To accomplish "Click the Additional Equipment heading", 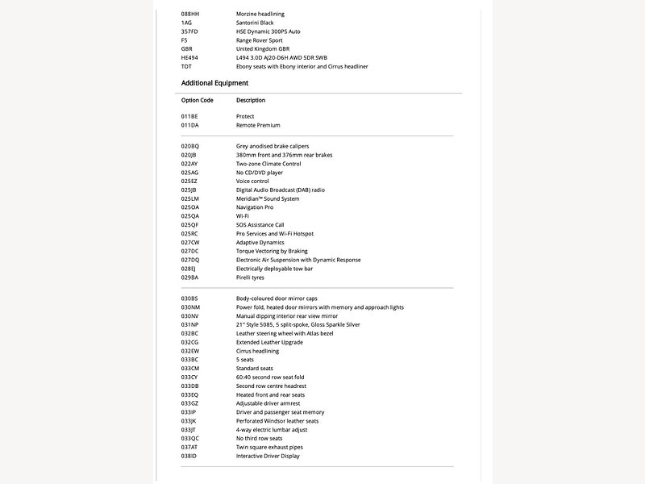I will coord(214,83).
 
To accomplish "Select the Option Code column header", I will coord(197,100).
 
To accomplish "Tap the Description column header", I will coord(251,100).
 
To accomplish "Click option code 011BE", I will coord(189,117).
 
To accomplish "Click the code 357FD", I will coord(189,31).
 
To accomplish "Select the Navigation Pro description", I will coord(255,207).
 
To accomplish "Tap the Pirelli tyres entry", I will coord(250,277).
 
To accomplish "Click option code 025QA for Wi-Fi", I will coord(189,216).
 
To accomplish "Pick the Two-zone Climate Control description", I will coord(268,164).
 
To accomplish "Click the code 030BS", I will coord(189,298).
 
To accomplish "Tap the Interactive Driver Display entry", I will coord(268,456).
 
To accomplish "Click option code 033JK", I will coord(189,421).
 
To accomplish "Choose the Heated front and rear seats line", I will coord(270,394).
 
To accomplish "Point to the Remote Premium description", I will coord(258,126).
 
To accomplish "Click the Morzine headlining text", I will coord(260,14).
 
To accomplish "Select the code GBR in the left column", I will coord(188,49).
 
